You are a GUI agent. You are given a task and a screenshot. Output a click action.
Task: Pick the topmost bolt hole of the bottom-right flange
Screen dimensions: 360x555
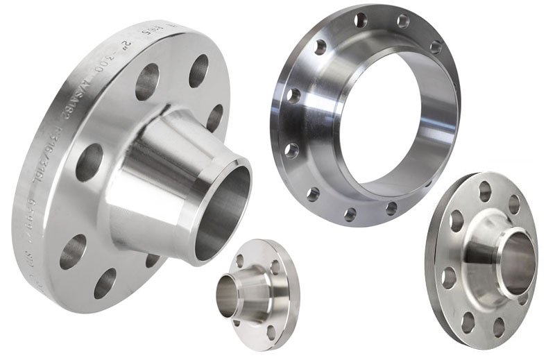click(x=485, y=189)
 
